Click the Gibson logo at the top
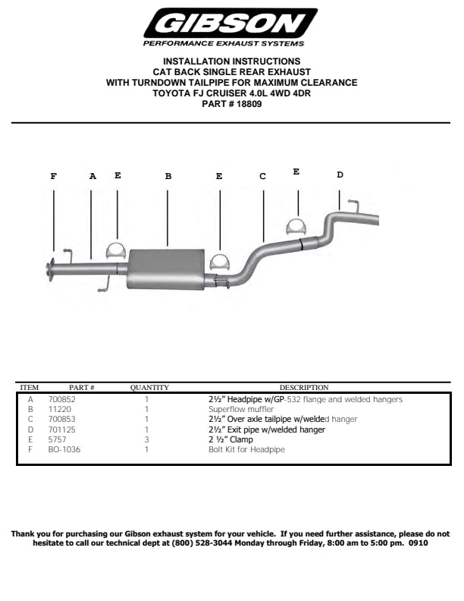coord(230,27)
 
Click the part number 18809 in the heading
coord(249,104)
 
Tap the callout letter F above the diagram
coord(54,176)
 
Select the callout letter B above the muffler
coord(168,176)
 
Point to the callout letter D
coord(340,175)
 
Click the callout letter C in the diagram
coord(262,176)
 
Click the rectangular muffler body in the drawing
coord(166,269)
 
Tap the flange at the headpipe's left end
coord(50,270)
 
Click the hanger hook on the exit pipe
coord(354,205)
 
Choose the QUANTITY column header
coord(149,388)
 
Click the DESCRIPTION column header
coord(304,388)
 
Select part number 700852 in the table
coord(61,399)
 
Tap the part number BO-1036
coord(64,449)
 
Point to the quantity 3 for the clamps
coord(146,439)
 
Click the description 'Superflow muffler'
coord(241,409)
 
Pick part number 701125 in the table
coord(61,430)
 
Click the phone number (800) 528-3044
coord(202,543)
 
